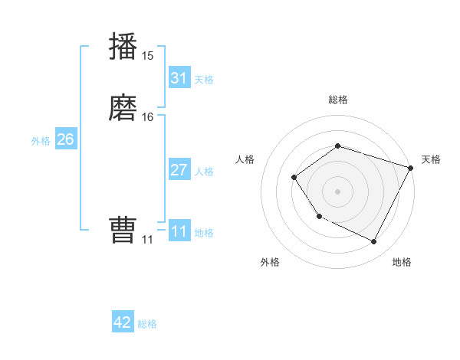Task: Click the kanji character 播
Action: click(123, 47)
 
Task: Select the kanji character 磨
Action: click(123, 108)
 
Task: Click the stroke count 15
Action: click(148, 56)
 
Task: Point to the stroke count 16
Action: click(148, 117)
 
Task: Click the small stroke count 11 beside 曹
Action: click(148, 240)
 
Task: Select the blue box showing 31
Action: click(179, 78)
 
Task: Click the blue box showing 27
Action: click(179, 170)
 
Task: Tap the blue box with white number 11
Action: click(179, 231)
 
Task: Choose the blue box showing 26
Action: click(66, 139)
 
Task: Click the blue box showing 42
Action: click(123, 322)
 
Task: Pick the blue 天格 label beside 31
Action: click(204, 80)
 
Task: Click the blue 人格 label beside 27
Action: click(204, 172)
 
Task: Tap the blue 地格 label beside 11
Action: click(204, 233)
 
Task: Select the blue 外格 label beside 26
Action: click(41, 141)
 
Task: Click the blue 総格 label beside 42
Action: click(147, 324)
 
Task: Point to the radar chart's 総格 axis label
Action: click(337, 100)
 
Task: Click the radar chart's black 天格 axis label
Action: click(431, 159)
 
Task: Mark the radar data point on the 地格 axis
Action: click(374, 242)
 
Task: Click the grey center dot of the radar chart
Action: click(337, 191)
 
